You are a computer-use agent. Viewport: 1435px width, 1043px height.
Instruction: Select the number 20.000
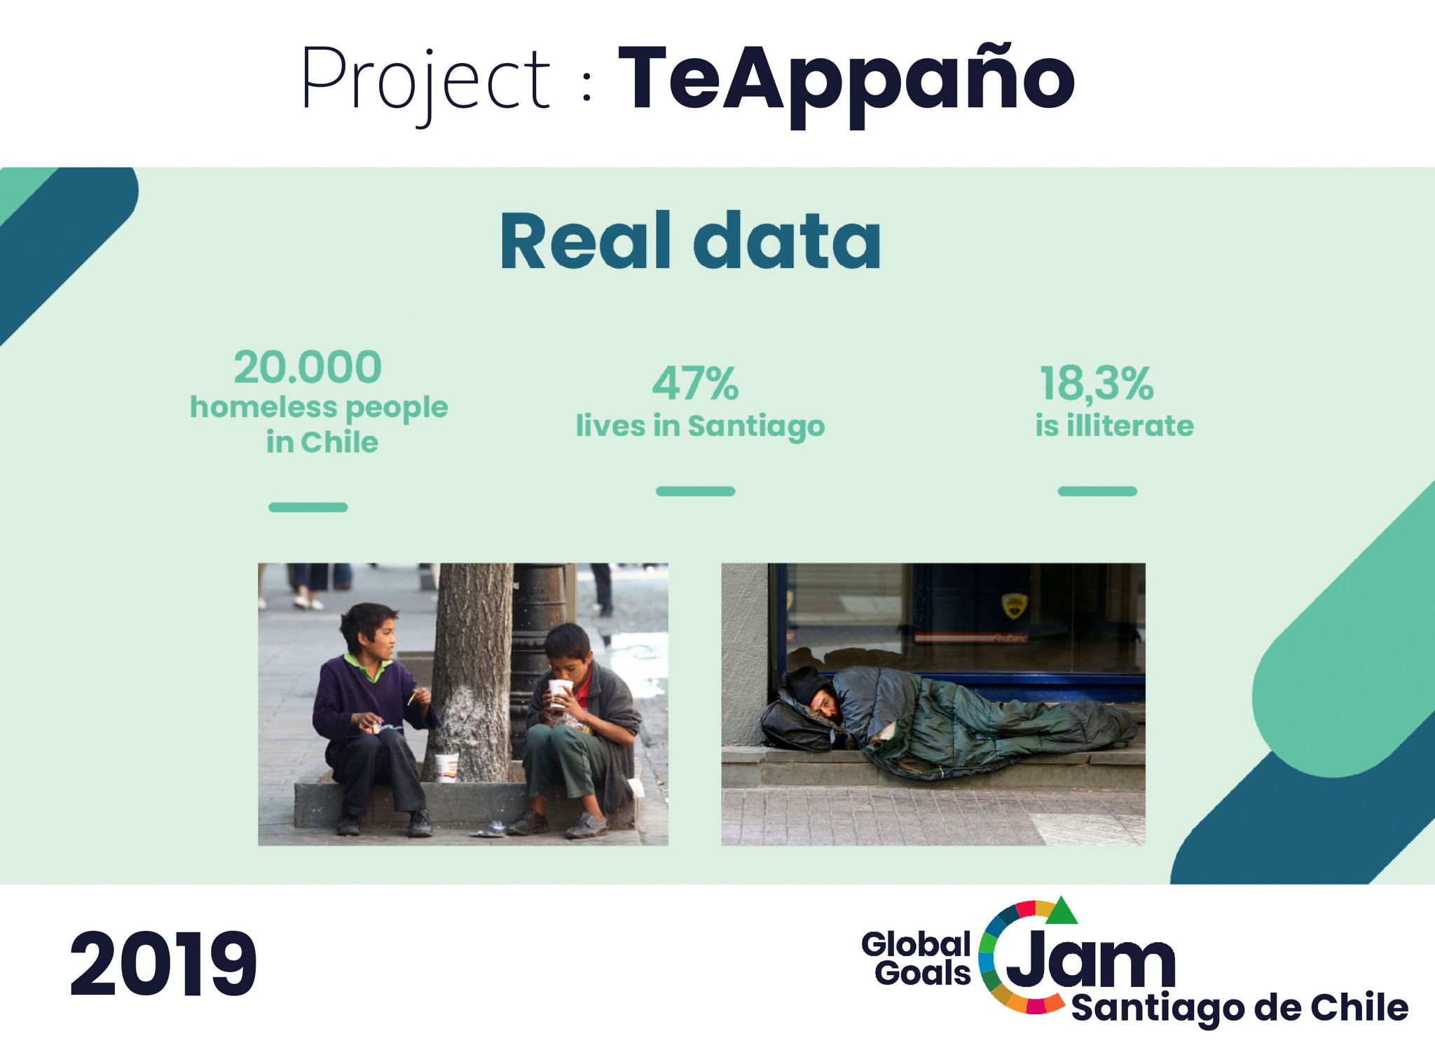(x=308, y=367)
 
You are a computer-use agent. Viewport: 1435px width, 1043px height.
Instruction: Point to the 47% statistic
(x=695, y=383)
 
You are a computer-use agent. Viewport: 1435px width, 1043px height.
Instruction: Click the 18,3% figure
(x=1096, y=384)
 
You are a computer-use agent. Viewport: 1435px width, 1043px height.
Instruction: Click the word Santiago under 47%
(x=756, y=427)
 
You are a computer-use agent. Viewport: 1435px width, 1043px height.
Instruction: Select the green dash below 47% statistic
(x=695, y=491)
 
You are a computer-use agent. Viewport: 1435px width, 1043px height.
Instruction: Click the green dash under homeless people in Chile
(x=308, y=507)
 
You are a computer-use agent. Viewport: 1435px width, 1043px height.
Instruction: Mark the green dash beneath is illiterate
(x=1097, y=491)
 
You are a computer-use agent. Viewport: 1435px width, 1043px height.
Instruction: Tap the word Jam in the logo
(x=1090, y=959)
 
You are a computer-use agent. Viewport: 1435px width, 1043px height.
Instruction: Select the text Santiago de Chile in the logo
(x=1240, y=1008)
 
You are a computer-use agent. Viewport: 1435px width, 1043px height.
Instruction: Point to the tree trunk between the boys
(x=471, y=672)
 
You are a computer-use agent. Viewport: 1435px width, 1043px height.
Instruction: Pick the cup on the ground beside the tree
(x=446, y=767)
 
